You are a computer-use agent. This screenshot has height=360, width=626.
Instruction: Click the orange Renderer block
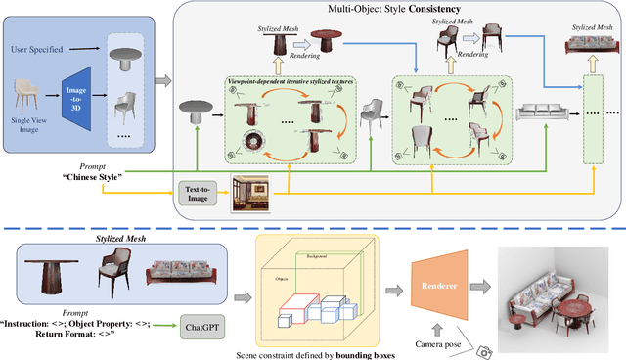tap(439, 289)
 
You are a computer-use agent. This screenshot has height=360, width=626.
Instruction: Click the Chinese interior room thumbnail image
tap(249, 194)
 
